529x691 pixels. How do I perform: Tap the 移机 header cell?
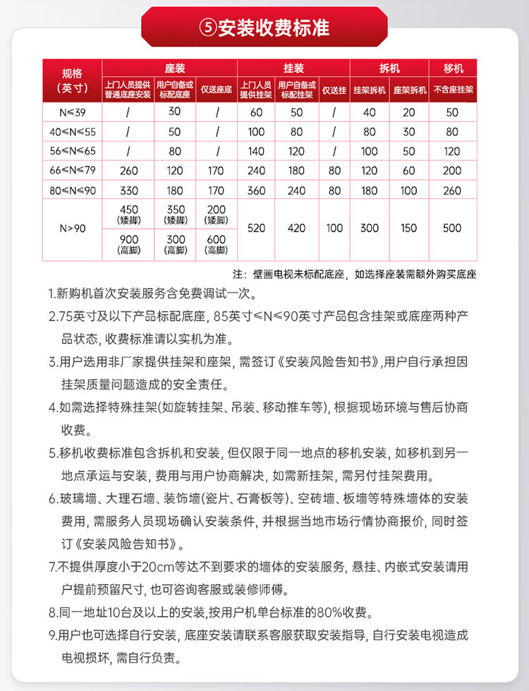click(453, 68)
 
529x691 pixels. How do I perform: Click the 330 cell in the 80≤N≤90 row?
click(129, 190)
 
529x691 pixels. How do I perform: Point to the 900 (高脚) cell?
click(129, 244)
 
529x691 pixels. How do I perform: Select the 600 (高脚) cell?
click(217, 244)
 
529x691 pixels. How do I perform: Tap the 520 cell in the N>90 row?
click(257, 228)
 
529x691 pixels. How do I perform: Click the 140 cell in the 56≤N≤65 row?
click(257, 151)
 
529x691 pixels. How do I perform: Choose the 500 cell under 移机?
click(453, 228)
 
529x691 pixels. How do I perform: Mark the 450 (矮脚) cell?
click(129, 214)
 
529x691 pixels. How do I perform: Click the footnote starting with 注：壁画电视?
click(354, 274)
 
